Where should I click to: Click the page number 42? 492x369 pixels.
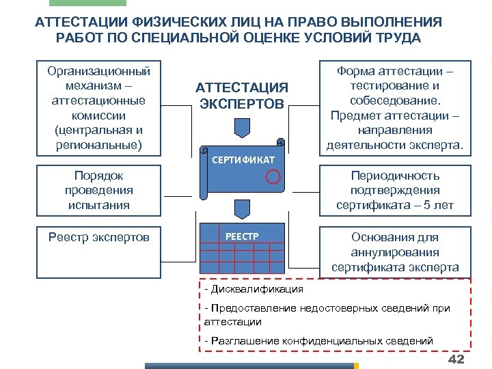point(456,360)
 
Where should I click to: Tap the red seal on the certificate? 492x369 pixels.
point(273,177)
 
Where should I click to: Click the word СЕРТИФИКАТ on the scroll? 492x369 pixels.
point(243,160)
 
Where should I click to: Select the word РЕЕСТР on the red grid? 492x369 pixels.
point(242,236)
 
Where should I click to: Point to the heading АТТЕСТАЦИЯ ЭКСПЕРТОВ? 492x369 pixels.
point(242,96)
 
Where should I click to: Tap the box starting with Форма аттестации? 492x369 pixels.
point(395,108)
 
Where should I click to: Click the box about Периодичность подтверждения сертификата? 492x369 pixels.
point(395,191)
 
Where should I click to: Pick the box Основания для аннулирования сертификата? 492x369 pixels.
point(395,252)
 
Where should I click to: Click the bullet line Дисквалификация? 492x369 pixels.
point(254,289)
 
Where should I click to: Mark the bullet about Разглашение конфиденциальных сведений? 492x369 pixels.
point(318,340)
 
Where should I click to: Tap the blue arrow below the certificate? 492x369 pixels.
point(242,208)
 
